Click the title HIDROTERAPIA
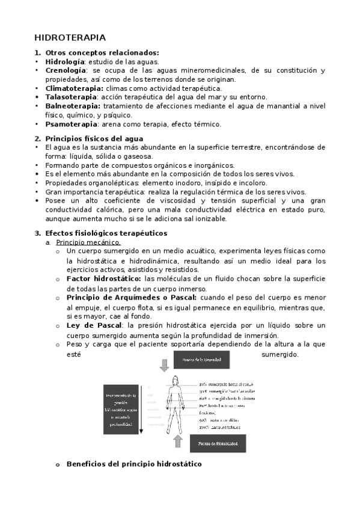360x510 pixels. (x=70, y=37)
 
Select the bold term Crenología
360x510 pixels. (x=66, y=70)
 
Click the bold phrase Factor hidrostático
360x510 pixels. (x=103, y=278)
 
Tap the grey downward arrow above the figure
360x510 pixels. (x=165, y=364)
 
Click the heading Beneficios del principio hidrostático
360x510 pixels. (x=133, y=464)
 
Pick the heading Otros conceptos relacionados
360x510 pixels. (x=102, y=52)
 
